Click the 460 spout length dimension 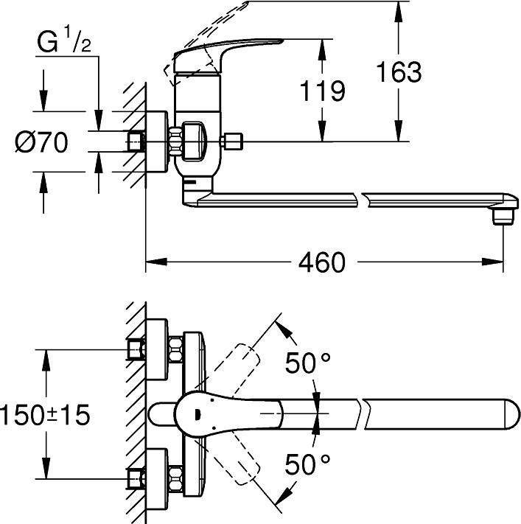click(x=321, y=262)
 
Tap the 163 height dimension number click(x=399, y=71)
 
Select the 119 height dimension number click(x=322, y=91)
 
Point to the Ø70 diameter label click(x=41, y=142)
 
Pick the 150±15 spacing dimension click(x=45, y=414)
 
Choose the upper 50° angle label click(x=307, y=363)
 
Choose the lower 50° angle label click(x=307, y=464)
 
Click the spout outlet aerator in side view click(x=503, y=217)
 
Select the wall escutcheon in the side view click(x=156, y=142)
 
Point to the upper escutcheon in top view click(x=156, y=349)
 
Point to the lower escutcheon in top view click(x=156, y=479)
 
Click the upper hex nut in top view click(x=176, y=349)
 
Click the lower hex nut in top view click(x=176, y=479)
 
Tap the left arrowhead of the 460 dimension click(x=156, y=262)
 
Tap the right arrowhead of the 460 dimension click(x=492, y=262)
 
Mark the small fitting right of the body click(x=231, y=142)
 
